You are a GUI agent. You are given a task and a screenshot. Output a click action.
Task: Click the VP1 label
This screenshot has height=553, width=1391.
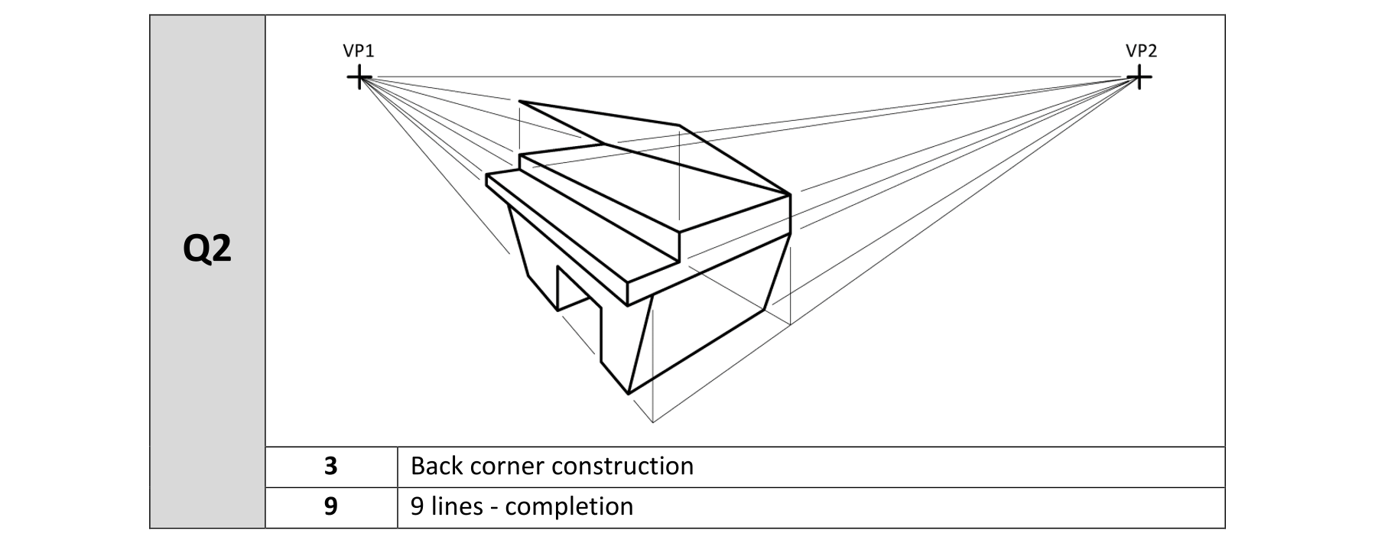358,51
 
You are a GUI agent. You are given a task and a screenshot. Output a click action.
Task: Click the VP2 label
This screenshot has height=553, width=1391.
1141,51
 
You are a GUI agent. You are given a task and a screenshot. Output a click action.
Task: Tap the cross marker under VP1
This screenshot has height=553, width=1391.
359,77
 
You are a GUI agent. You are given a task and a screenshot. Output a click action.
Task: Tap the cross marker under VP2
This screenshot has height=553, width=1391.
1139,77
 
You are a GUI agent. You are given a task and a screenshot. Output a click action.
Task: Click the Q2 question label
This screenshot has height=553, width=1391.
207,249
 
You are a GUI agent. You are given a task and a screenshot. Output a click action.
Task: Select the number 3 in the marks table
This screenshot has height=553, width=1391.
330,466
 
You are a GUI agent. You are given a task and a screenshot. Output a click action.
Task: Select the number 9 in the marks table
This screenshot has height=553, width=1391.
330,506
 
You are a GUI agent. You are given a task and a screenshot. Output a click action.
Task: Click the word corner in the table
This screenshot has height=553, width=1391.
505,466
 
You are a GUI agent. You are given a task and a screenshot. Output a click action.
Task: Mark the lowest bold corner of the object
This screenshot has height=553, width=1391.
628,394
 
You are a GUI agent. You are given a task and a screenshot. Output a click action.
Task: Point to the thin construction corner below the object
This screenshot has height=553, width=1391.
652,421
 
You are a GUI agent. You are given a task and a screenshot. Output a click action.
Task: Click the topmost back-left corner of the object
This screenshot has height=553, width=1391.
520,101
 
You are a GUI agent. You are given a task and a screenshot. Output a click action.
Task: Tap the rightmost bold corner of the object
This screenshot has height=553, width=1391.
790,195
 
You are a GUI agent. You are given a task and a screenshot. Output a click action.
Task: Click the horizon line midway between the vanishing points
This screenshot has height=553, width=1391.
749,77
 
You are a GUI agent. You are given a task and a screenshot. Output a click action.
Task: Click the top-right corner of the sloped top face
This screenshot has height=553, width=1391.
679,125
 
